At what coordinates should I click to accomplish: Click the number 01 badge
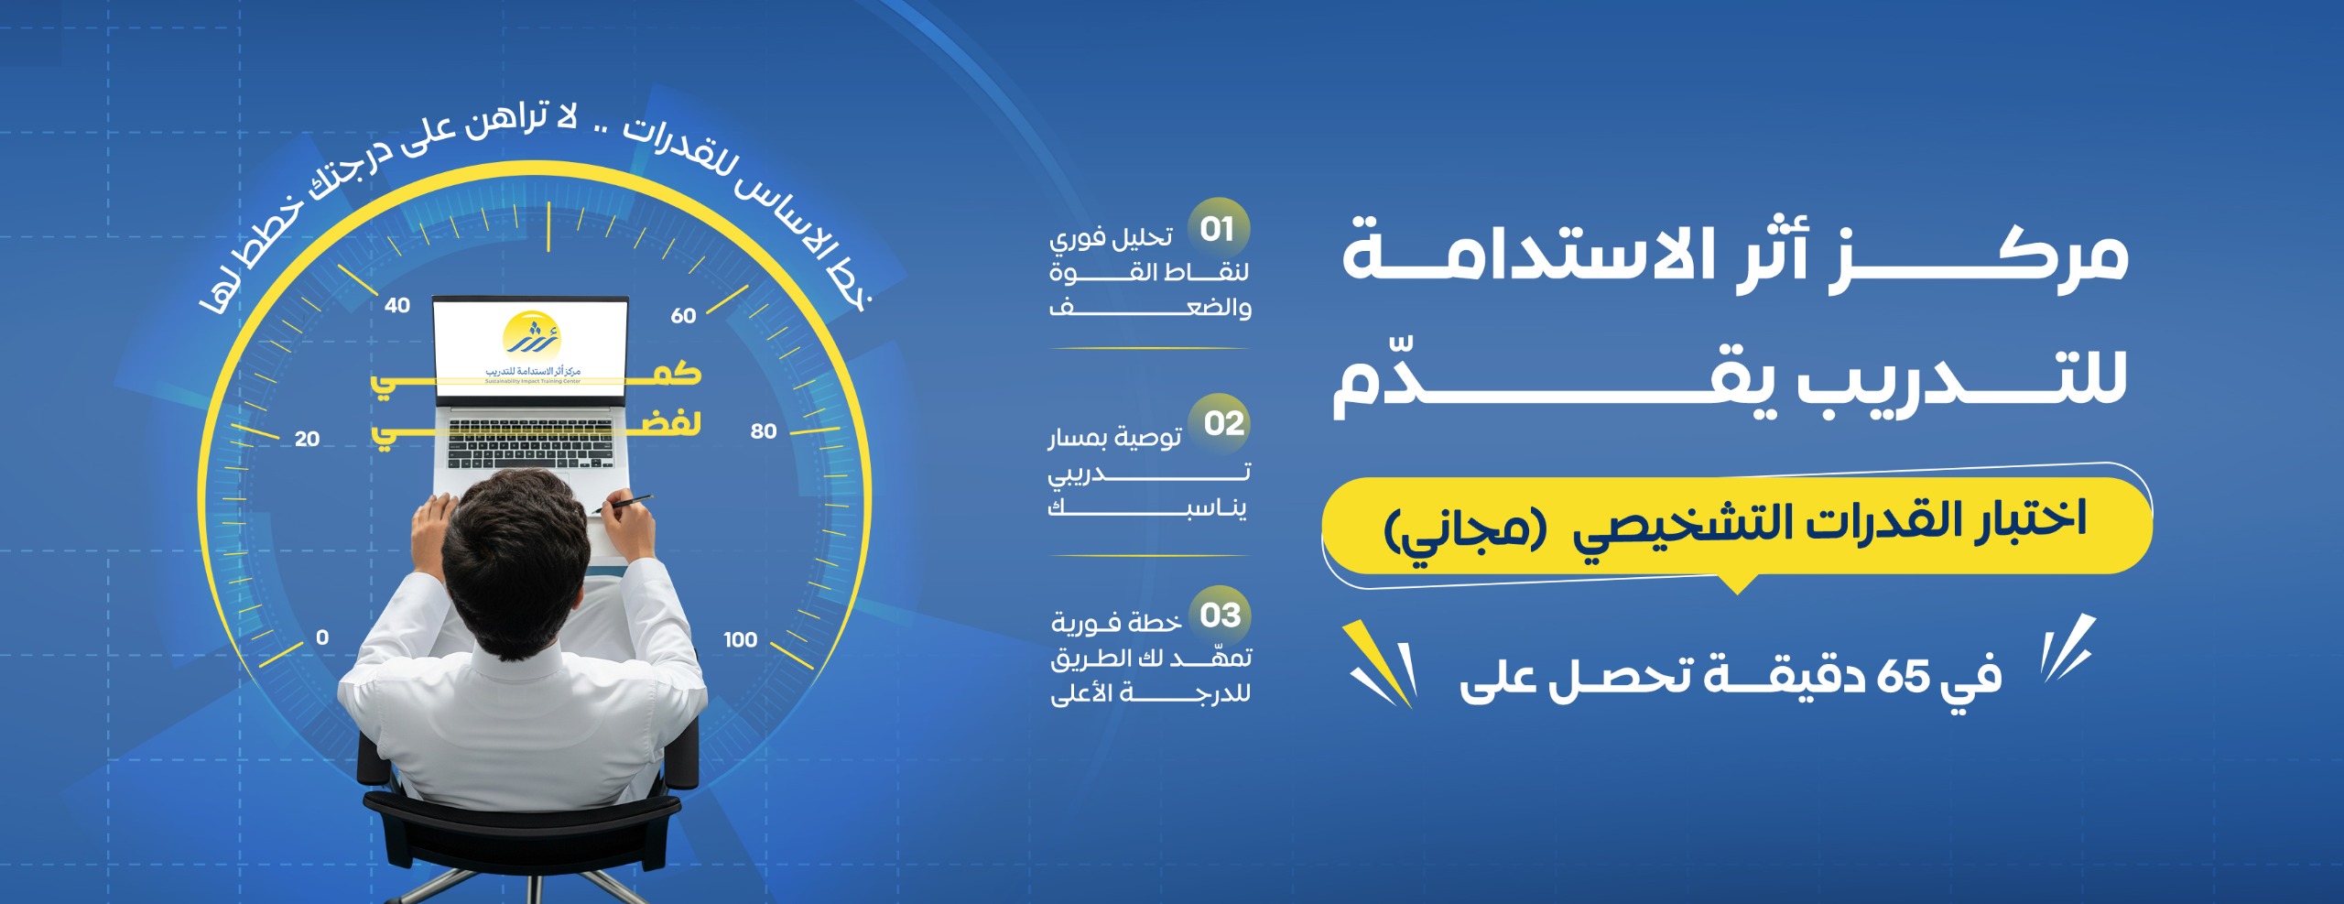tap(1218, 228)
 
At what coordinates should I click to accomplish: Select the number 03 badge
tap(1220, 615)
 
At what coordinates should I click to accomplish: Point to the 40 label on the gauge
tap(396, 305)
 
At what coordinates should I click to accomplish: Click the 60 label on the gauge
tap(683, 316)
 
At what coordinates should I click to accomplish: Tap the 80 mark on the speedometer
tap(763, 431)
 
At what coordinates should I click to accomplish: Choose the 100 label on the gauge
tap(740, 639)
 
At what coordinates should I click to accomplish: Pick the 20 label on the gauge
tap(307, 439)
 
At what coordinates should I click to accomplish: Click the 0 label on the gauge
tap(322, 637)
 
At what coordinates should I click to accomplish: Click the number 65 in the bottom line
tap(1903, 678)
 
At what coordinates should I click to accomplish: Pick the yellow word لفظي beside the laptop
tap(664, 424)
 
